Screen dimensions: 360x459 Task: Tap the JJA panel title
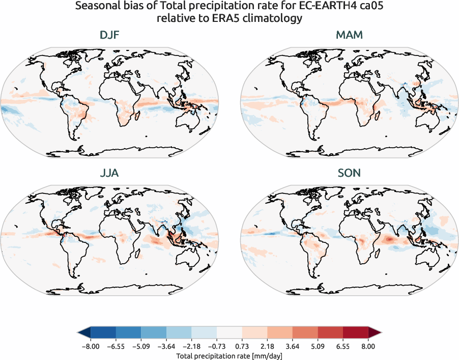coord(109,173)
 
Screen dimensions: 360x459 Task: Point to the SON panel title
coord(349,173)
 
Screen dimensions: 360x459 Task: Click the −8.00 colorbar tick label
coord(90,346)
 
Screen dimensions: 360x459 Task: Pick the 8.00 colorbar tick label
coord(368,346)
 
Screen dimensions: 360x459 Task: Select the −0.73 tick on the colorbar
coord(216,346)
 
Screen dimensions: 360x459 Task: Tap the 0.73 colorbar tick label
coord(242,346)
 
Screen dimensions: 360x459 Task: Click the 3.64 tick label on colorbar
coord(292,346)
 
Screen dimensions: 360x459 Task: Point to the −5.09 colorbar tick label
coord(140,346)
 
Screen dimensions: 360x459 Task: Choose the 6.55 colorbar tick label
coord(342,346)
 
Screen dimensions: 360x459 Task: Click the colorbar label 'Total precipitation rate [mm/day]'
coord(229,355)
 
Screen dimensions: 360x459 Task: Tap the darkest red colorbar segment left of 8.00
coord(355,333)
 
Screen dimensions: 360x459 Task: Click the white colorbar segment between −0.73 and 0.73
coord(229,333)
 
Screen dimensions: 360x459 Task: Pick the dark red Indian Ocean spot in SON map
coord(390,238)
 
